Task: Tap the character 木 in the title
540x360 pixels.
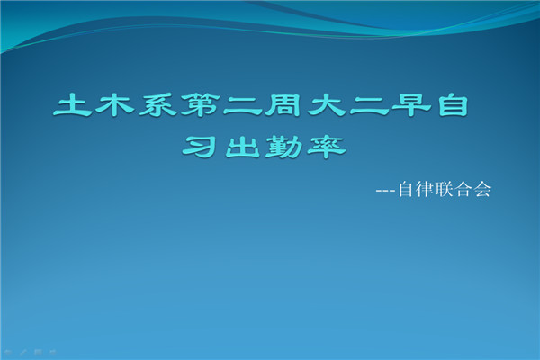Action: [x=115, y=104]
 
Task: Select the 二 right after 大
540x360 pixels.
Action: [x=369, y=106]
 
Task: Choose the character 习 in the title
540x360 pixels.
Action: [x=200, y=147]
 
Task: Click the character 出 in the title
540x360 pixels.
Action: [x=243, y=147]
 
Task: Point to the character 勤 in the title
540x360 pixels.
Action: [x=284, y=147]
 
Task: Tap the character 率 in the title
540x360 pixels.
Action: [x=327, y=147]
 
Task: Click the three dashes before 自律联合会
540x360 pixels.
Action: [x=385, y=191]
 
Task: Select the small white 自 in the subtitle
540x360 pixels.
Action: [x=405, y=189]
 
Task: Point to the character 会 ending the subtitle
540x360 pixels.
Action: [x=482, y=189]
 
